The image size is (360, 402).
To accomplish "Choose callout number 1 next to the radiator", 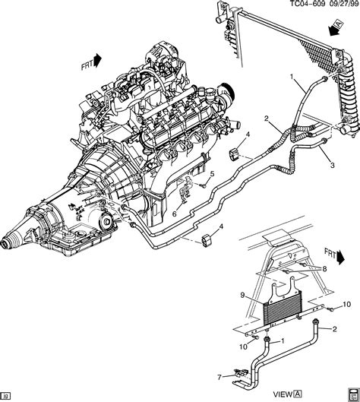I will (290, 77).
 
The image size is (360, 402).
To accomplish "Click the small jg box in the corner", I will (6, 396).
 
